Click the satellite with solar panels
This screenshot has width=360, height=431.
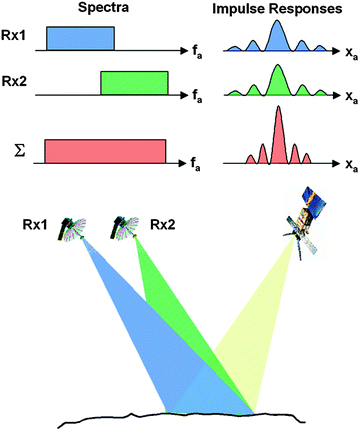[x=305, y=214]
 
